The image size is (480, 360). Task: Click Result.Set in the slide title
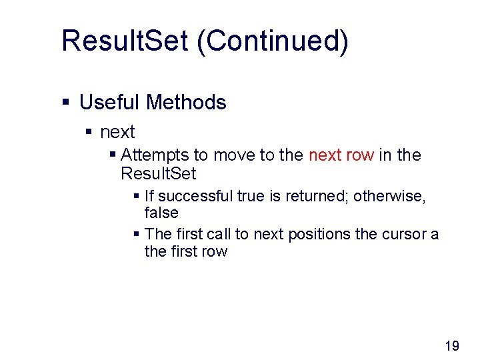coord(125,41)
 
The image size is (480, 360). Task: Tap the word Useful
coord(109,103)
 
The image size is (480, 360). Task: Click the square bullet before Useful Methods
coord(65,103)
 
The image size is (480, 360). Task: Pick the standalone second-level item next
coord(117,132)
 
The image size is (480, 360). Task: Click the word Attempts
coord(155,155)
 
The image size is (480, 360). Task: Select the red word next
coord(325,155)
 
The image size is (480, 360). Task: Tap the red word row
coord(359,155)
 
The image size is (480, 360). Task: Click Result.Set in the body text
coord(159,174)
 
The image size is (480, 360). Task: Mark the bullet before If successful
coord(136,196)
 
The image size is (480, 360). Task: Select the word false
coord(161,213)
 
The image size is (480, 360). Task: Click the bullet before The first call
coord(136,235)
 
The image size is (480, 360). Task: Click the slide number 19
coord(451,345)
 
